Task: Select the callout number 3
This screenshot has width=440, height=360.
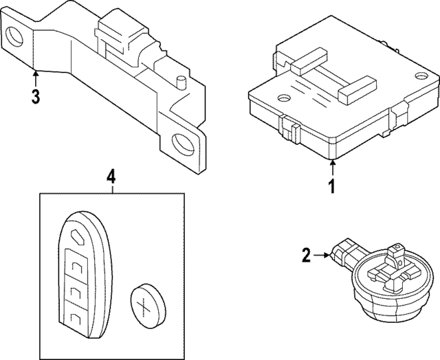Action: click(36, 95)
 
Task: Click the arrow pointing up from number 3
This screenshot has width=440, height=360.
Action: click(36, 77)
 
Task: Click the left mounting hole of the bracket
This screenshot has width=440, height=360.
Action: click(15, 36)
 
